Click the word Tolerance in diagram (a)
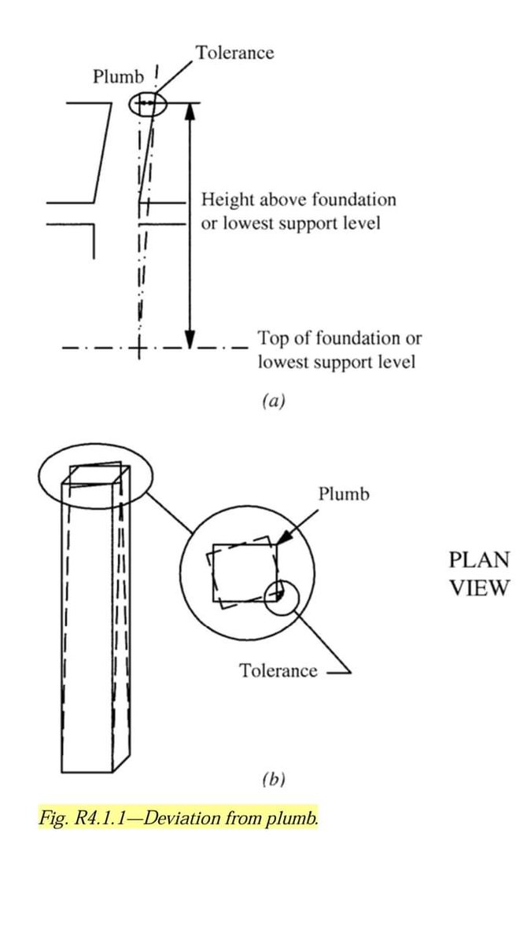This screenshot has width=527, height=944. tap(234, 53)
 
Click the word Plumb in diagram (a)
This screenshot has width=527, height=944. tap(119, 77)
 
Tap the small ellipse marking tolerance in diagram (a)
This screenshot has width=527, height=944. tap(149, 103)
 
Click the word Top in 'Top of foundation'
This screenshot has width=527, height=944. tap(271, 339)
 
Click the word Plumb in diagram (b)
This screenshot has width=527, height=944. tap(344, 494)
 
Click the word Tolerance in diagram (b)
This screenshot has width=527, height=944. tap(278, 671)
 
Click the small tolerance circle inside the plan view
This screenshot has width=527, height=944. tap(281, 597)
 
